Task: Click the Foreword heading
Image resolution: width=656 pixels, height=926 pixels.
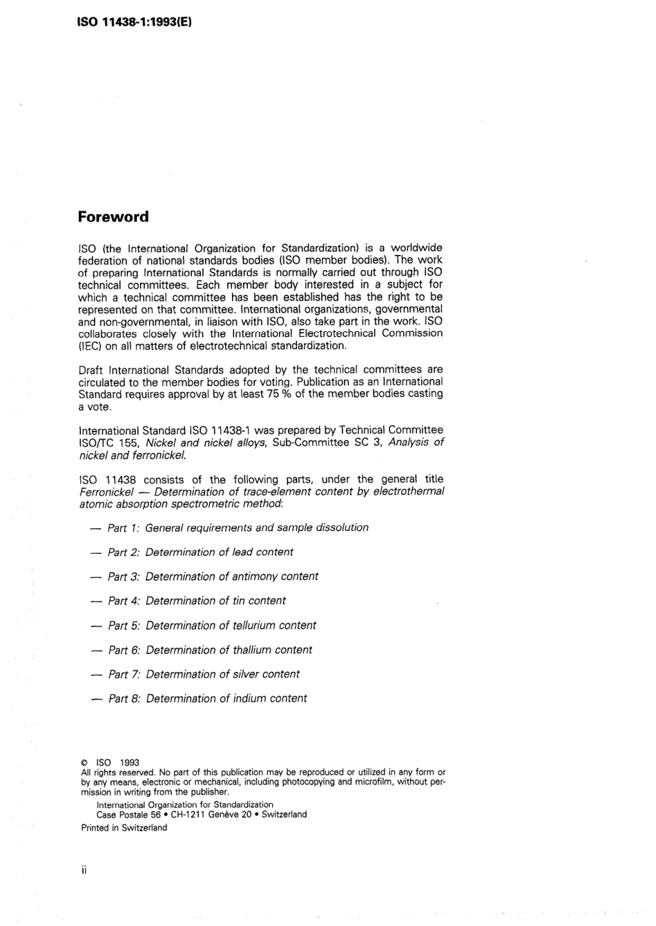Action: pyautogui.click(x=113, y=217)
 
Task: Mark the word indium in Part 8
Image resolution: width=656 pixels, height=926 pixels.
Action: pyautogui.click(x=250, y=698)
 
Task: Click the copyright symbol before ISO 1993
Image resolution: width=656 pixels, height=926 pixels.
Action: pyautogui.click(x=84, y=763)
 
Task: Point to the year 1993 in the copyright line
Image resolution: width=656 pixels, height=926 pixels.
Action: pyautogui.click(x=129, y=763)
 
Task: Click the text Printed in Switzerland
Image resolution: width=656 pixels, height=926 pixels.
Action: pyautogui.click(x=124, y=827)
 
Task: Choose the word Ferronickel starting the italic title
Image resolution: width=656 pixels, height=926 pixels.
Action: pyautogui.click(x=106, y=492)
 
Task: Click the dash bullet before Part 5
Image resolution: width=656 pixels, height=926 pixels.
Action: pyautogui.click(x=96, y=626)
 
